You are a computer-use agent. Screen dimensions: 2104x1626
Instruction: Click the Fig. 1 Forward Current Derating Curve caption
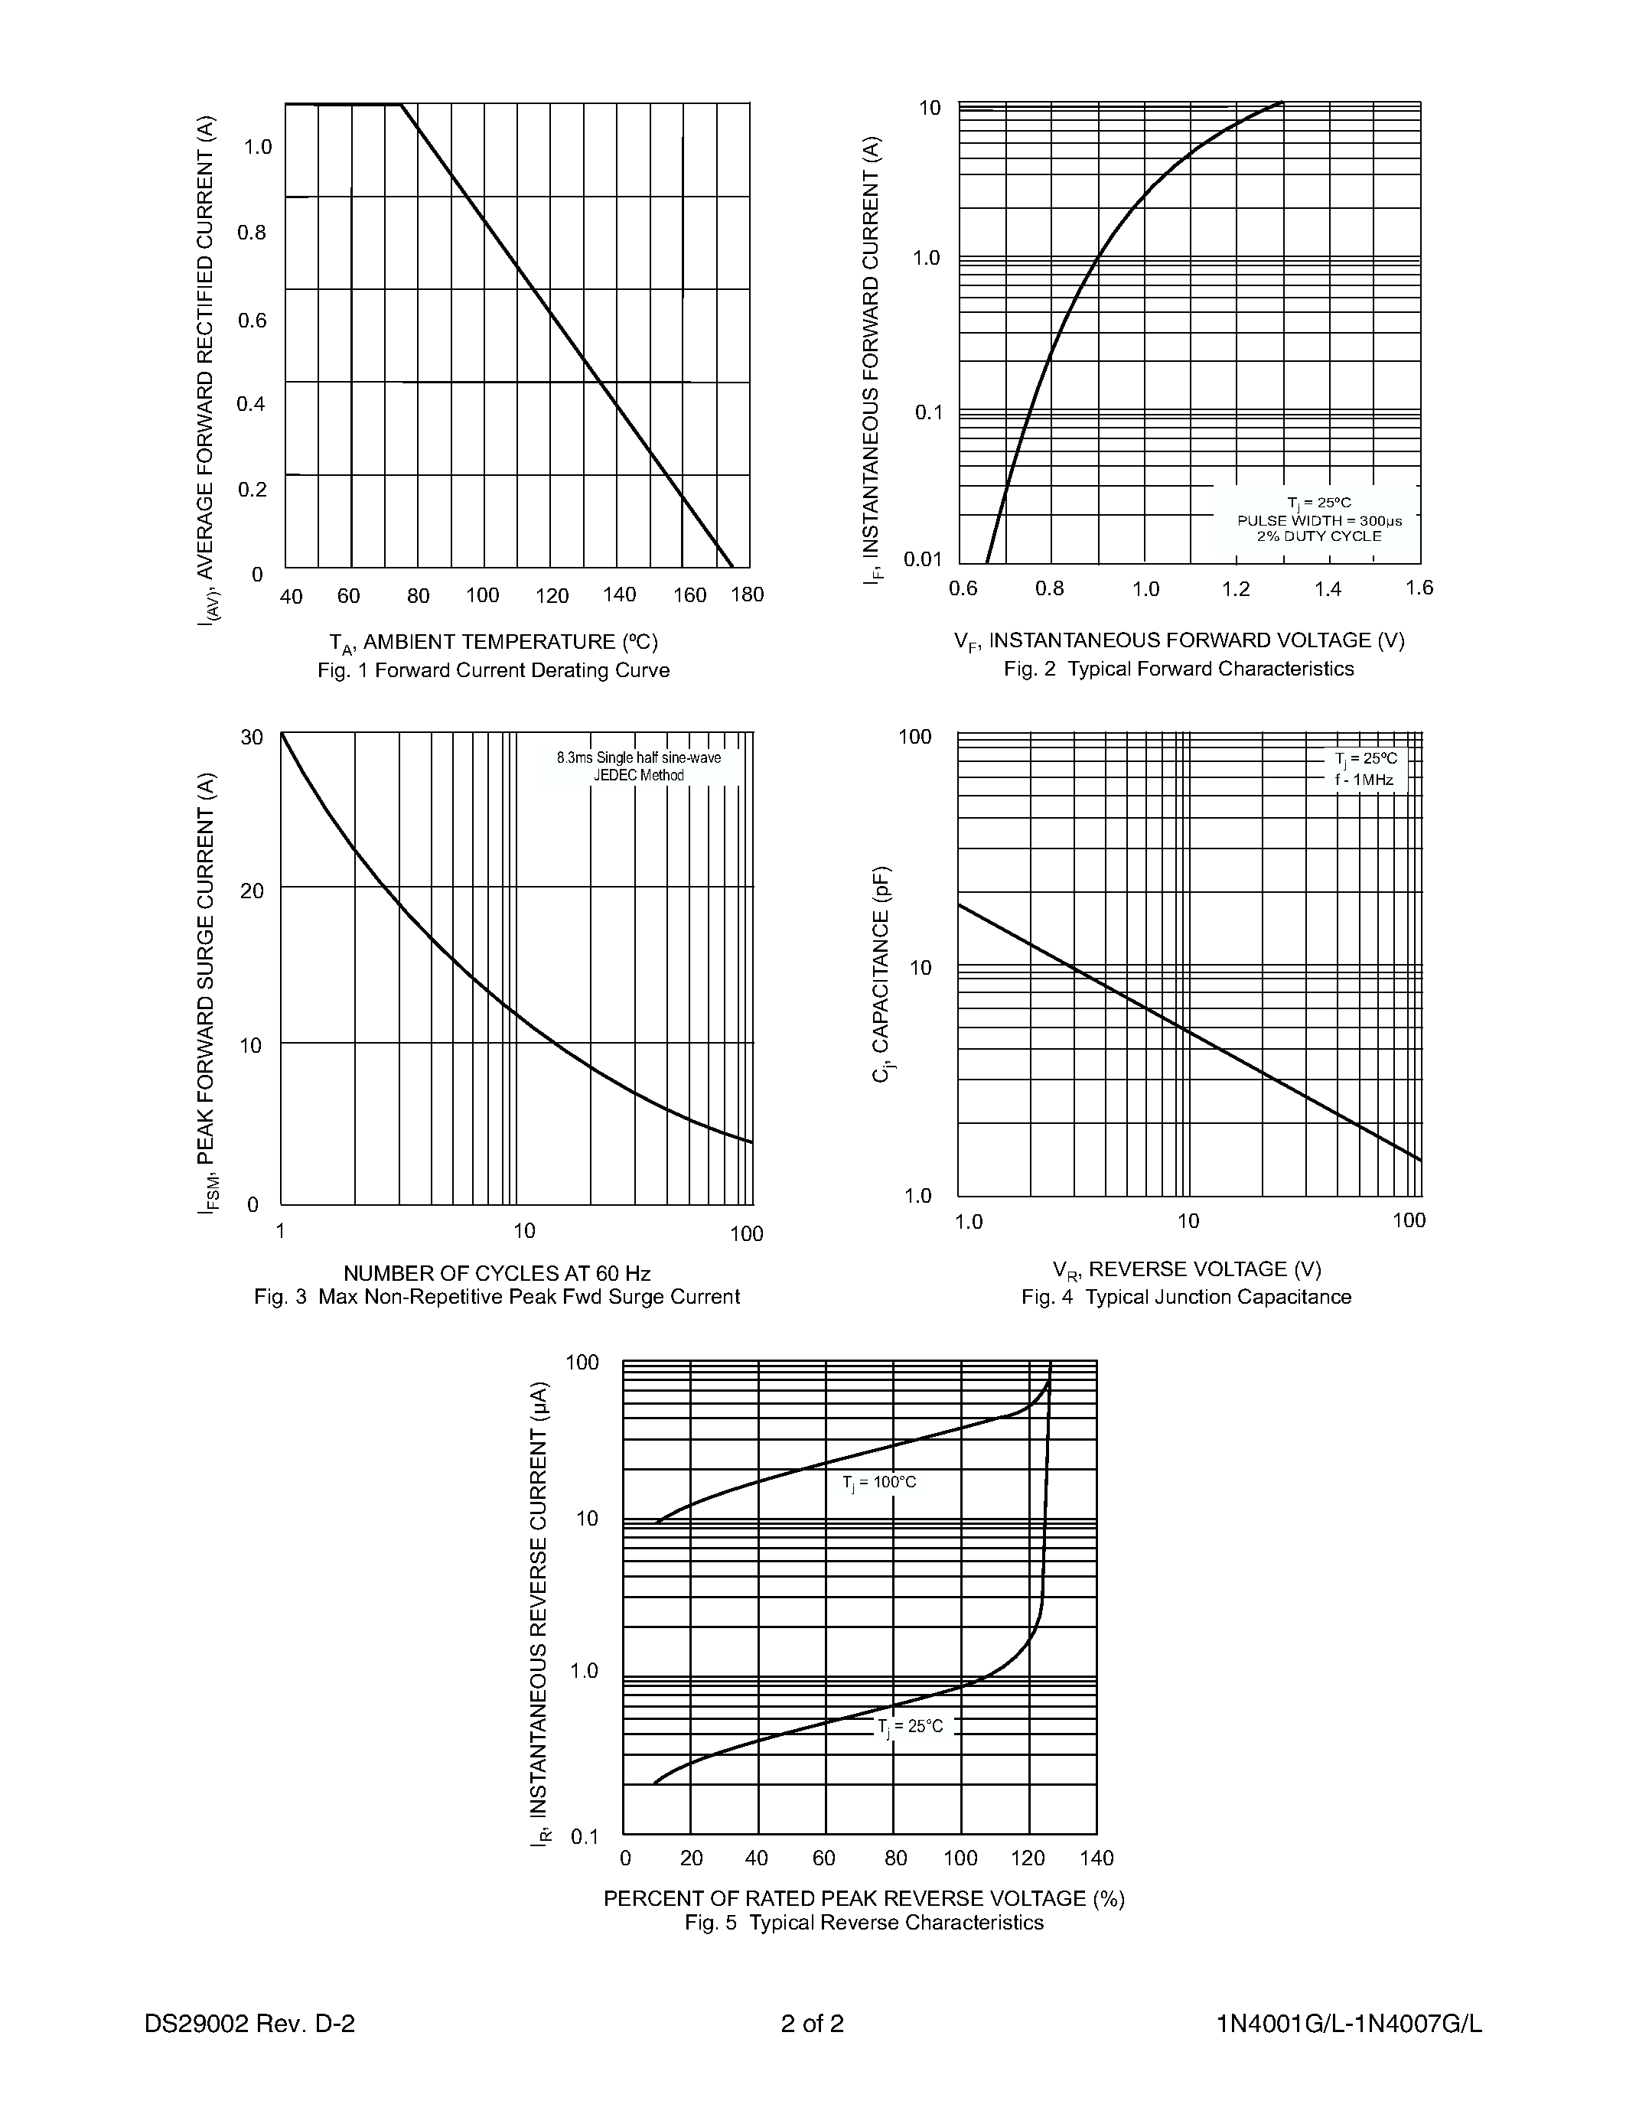494,670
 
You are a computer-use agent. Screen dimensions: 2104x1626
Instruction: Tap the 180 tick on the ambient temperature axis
748,594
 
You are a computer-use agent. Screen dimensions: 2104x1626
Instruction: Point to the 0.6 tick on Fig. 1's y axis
253,320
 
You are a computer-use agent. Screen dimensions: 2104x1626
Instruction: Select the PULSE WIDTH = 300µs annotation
1318,520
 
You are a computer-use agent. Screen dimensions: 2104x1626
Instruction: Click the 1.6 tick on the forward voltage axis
1419,588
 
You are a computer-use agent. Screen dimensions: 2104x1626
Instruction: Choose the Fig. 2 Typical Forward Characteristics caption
1178,669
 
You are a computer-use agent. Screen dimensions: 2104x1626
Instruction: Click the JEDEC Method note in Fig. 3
637,776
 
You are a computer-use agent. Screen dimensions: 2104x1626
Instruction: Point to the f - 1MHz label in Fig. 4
1364,780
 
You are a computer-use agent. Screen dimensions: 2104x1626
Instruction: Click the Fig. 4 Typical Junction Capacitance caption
1186,1297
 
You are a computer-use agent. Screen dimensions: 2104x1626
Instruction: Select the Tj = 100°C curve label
879,1482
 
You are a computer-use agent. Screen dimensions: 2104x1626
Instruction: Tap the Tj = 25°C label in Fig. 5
911,1726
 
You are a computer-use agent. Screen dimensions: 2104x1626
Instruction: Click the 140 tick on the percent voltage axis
1096,1858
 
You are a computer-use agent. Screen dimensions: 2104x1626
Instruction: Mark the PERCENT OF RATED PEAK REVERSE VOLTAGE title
864,1898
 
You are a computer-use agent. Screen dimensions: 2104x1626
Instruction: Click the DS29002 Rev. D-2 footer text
249,2023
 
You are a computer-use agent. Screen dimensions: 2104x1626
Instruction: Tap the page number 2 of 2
812,2023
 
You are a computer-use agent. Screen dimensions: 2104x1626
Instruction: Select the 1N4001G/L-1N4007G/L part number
1348,2023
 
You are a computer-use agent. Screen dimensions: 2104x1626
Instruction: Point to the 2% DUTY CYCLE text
1318,536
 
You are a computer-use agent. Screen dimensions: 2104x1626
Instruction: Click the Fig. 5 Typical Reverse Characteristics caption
864,1923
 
